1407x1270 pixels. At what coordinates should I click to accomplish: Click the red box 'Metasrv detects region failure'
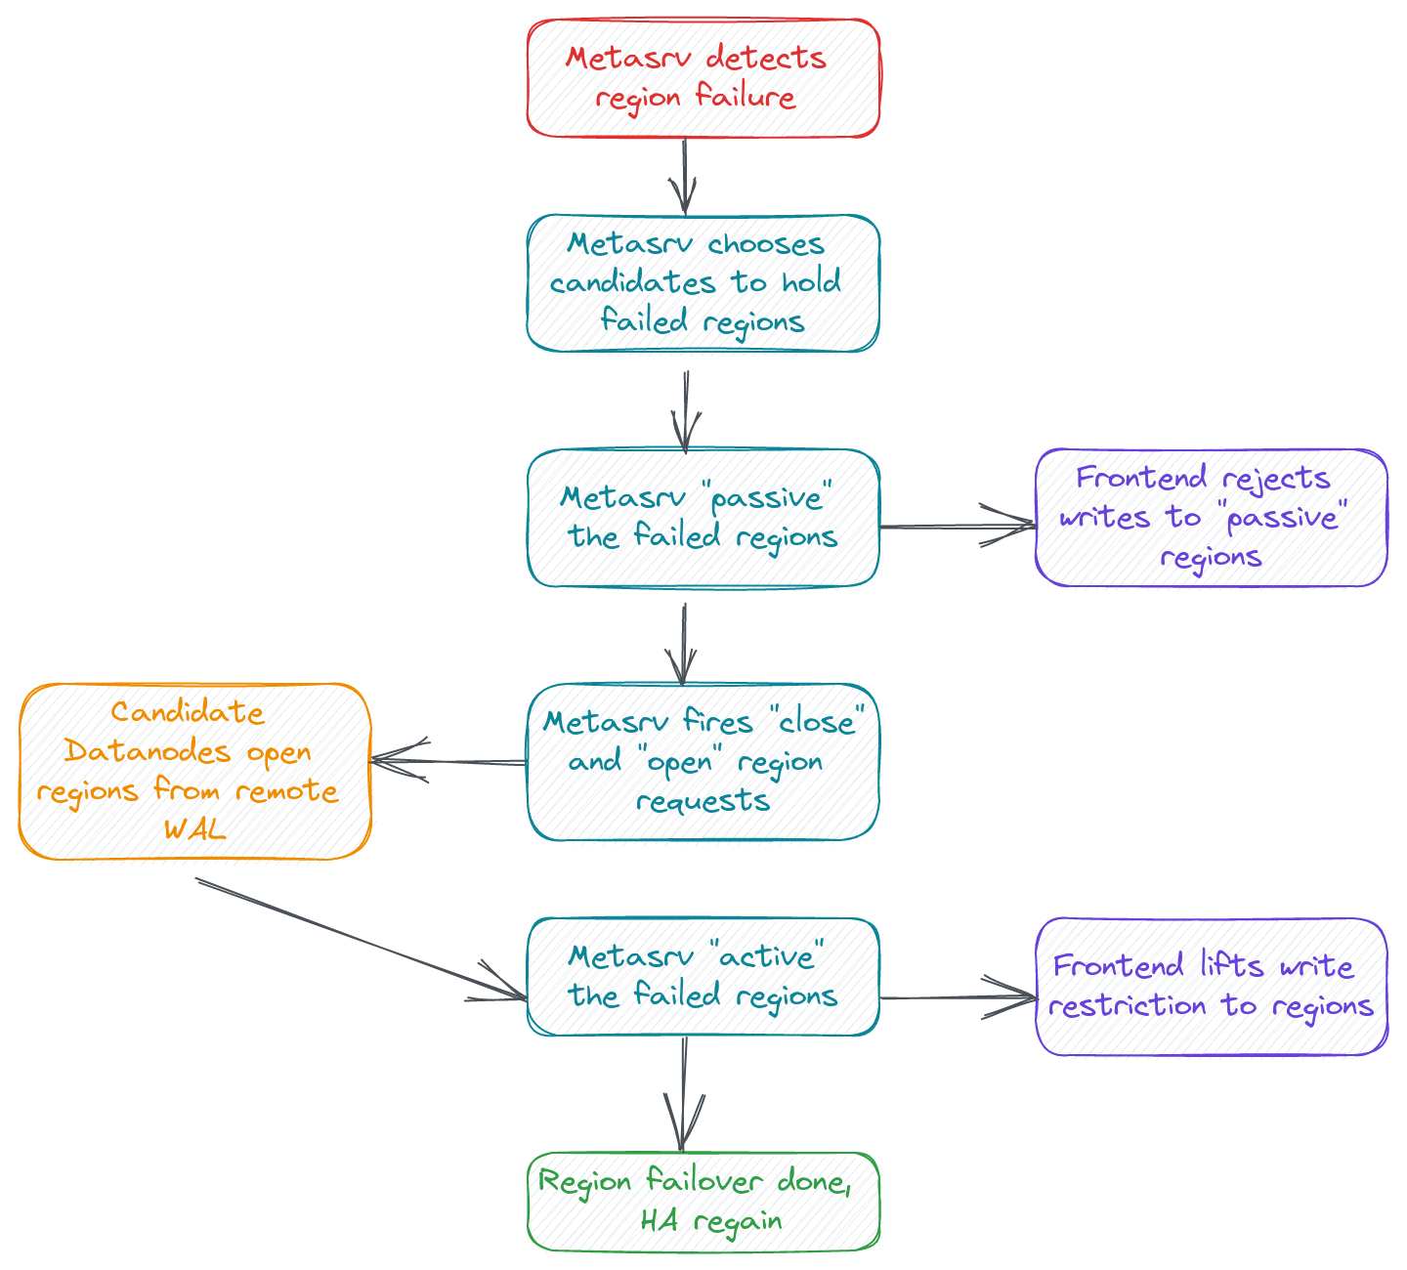point(703,78)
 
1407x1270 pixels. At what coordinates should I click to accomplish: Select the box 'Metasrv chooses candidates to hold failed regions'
point(703,283)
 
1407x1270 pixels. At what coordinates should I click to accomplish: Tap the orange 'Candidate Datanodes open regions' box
point(195,772)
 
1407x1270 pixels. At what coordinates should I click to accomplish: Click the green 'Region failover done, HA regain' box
point(703,1202)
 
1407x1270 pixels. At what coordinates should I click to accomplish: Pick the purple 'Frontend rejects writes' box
point(1212,518)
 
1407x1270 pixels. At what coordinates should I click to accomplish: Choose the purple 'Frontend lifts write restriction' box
point(1212,987)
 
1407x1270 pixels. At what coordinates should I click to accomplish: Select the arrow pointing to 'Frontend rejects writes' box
point(958,527)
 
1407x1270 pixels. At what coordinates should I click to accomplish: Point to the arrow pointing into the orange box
point(449,761)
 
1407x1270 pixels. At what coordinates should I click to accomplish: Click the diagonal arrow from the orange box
point(362,939)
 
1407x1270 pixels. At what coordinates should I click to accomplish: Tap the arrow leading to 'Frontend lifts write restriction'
point(958,997)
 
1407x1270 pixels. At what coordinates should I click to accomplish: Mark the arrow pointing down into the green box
point(683,1094)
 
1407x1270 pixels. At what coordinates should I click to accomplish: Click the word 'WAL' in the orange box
point(195,830)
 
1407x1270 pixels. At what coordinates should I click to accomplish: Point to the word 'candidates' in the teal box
point(632,283)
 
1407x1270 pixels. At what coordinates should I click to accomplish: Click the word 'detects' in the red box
point(766,59)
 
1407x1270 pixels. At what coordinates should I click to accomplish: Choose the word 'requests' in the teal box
point(703,802)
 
